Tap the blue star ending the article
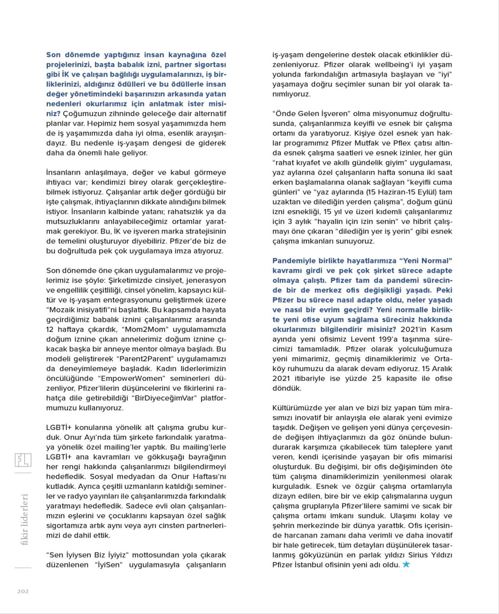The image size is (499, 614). [406, 564]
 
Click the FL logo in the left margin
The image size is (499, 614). [23, 460]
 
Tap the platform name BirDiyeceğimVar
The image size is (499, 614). [163, 398]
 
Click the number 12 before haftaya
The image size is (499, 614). [50, 329]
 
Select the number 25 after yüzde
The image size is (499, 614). [377, 378]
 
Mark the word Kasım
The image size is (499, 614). [441, 329]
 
